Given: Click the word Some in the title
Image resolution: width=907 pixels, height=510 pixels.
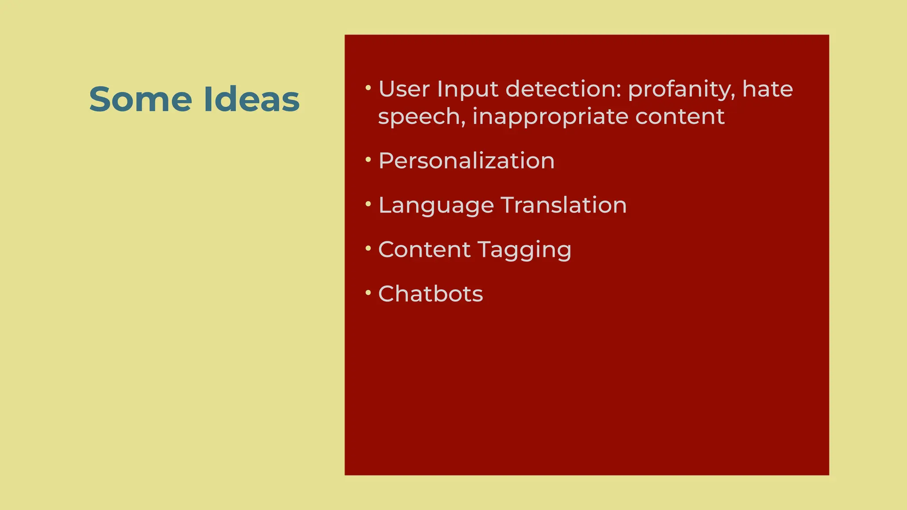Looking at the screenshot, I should (x=140, y=99).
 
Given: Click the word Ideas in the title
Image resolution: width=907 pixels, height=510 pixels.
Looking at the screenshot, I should (x=252, y=99).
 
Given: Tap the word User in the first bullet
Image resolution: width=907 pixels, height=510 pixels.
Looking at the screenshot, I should (x=404, y=89).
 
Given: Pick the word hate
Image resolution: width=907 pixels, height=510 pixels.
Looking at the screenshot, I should (x=767, y=89).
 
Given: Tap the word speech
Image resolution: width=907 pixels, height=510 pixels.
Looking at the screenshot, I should (x=421, y=117).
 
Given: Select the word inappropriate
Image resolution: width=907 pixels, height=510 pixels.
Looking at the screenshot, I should (x=550, y=117).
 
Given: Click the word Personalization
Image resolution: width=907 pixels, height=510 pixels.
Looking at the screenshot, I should (x=466, y=160).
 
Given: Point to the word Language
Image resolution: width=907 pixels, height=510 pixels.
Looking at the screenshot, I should (x=436, y=206).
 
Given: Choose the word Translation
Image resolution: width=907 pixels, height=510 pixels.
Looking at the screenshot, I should (x=564, y=205).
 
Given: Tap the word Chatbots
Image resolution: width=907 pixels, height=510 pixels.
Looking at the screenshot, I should (x=430, y=294).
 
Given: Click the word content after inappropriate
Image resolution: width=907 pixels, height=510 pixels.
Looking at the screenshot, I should (x=680, y=116).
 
